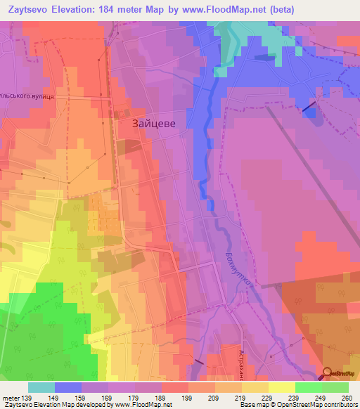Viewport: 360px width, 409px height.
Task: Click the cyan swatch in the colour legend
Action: (41, 387)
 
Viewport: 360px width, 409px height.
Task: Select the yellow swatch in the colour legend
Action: (282, 387)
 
